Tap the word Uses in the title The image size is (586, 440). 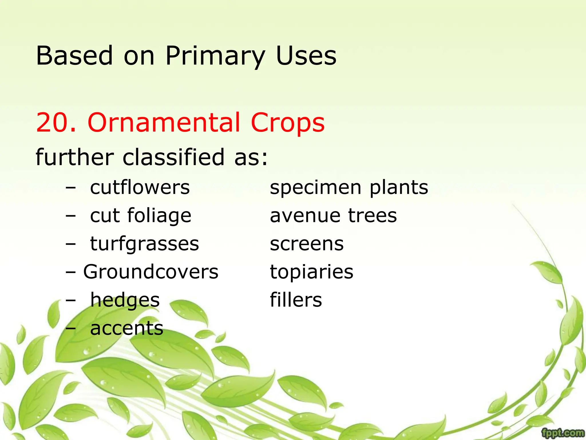(306, 56)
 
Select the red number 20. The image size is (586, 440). (56, 123)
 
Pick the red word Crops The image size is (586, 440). (288, 123)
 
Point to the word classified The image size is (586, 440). (173, 157)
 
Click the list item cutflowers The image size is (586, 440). (140, 187)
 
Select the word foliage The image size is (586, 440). (159, 215)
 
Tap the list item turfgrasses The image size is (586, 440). (144, 244)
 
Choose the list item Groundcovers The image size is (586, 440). (151, 272)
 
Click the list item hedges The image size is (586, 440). (125, 300)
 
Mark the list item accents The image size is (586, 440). (127, 328)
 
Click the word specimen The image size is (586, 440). (316, 187)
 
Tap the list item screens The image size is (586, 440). (307, 244)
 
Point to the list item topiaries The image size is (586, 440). (312, 272)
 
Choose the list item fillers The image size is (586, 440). (296, 300)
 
